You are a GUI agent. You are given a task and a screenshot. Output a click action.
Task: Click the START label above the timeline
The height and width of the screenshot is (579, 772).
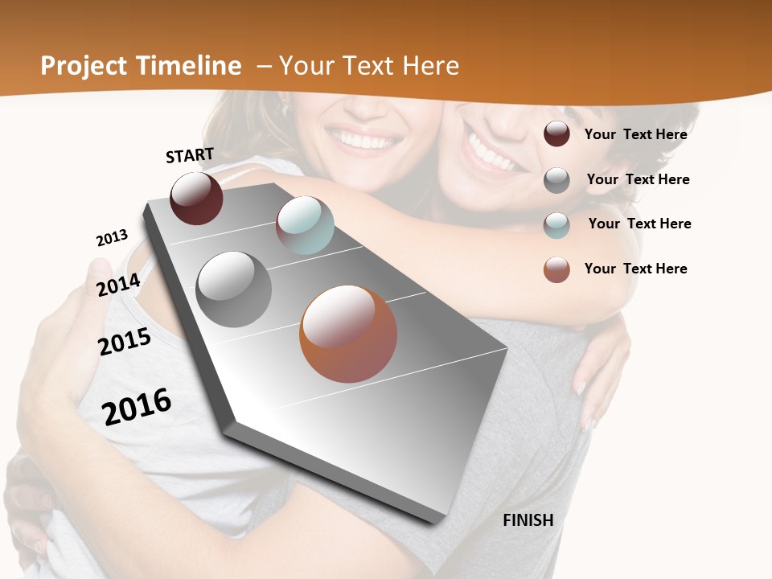tap(190, 155)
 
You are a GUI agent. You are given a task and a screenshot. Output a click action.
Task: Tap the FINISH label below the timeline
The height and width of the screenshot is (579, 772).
tap(528, 520)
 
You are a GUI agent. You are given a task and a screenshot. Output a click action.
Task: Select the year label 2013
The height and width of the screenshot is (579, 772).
tap(112, 238)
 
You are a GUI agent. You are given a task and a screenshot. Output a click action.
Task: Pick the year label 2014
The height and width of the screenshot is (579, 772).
tap(118, 285)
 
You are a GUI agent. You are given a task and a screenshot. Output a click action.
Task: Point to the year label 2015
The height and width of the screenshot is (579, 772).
tap(125, 343)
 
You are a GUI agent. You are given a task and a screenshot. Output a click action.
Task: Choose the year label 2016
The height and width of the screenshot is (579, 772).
tap(137, 406)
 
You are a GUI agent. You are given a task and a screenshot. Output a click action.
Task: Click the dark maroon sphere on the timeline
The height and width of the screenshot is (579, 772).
tap(196, 199)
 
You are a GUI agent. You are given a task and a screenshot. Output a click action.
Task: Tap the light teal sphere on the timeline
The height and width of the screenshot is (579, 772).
tap(305, 225)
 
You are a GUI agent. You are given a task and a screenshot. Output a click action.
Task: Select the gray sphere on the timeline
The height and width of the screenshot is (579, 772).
tap(234, 289)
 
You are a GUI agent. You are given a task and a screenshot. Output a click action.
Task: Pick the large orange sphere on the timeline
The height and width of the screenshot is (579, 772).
tap(348, 334)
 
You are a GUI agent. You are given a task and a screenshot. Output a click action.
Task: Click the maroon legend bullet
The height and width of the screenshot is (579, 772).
tap(556, 134)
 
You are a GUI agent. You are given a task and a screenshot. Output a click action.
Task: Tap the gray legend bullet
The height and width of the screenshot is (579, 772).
tap(556, 180)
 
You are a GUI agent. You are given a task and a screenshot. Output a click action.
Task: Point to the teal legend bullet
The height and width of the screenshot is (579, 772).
tap(556, 224)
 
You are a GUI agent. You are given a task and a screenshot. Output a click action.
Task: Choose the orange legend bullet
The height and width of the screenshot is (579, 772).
tap(556, 269)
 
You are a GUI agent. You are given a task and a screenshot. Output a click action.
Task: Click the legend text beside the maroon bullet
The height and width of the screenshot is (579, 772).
tap(635, 134)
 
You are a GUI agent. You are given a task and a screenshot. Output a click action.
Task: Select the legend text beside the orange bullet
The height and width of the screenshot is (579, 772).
tap(635, 269)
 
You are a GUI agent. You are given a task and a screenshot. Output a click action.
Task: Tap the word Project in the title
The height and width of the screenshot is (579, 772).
tap(84, 66)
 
